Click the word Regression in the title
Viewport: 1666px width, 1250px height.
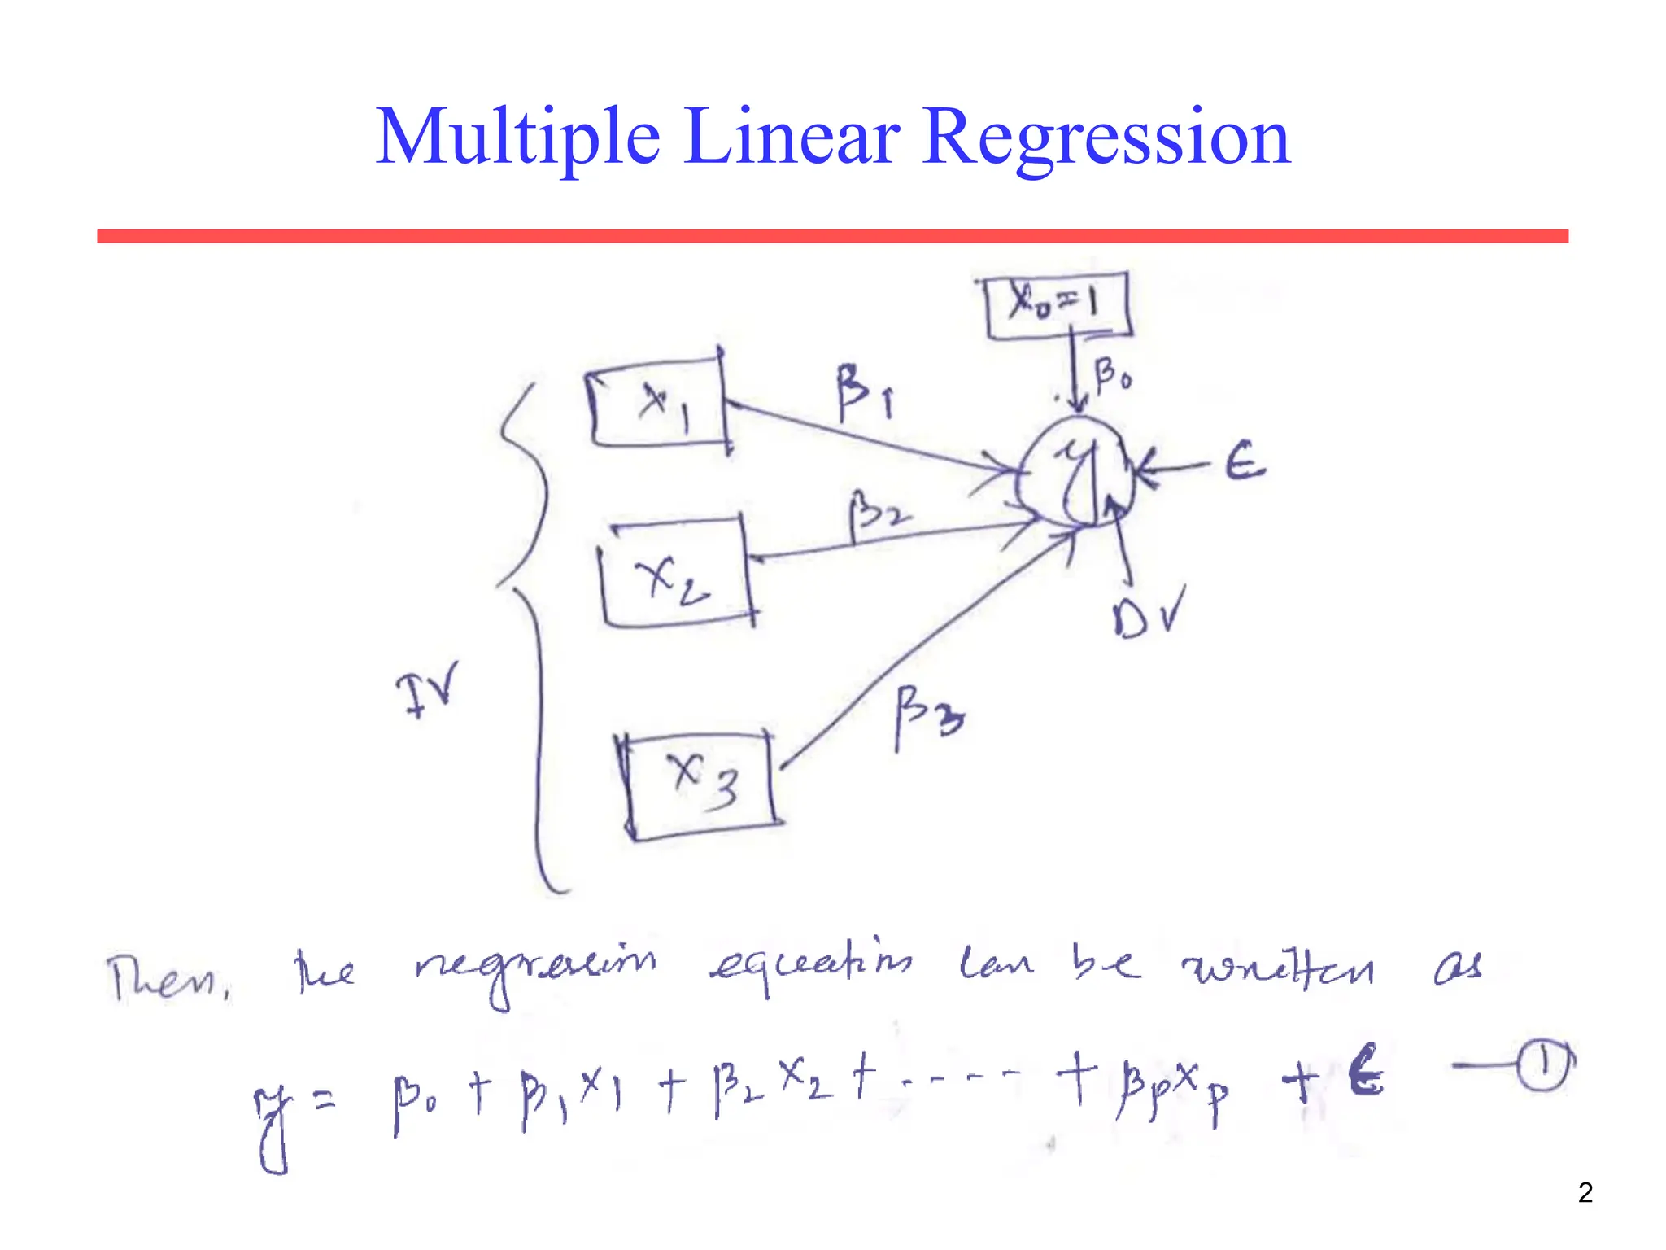point(1106,138)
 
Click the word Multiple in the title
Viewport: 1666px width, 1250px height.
point(517,138)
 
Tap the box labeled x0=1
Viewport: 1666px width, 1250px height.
point(1057,306)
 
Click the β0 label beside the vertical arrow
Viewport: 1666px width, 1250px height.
point(1112,376)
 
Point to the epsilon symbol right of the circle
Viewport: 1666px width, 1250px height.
point(1245,464)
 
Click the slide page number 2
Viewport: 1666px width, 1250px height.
point(1585,1193)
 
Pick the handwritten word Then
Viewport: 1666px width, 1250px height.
point(167,977)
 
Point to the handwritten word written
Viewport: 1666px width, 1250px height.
point(1277,968)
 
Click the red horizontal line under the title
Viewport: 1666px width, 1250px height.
point(832,236)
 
